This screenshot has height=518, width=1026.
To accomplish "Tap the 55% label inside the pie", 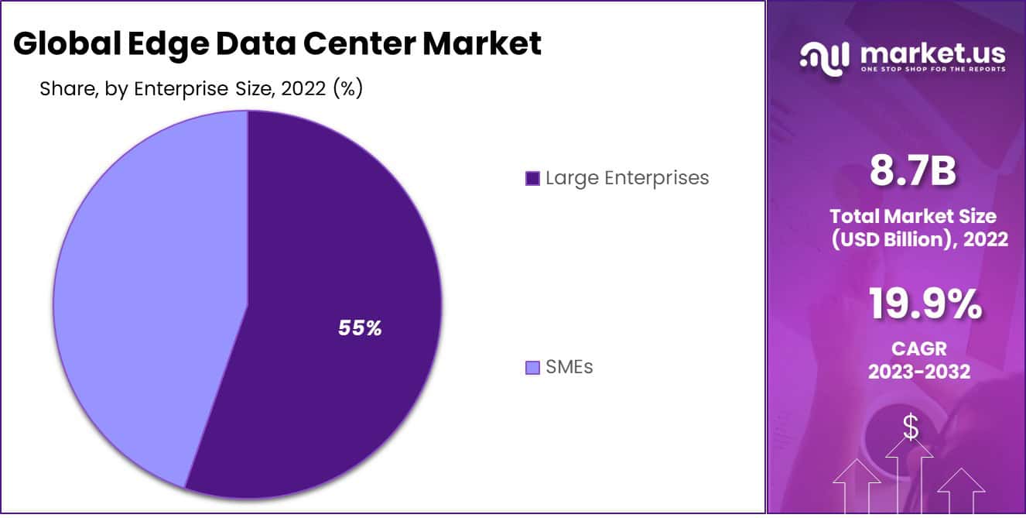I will (360, 328).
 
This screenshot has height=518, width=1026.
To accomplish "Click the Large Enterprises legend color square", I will (532, 178).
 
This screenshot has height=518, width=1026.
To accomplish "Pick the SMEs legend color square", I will (532, 367).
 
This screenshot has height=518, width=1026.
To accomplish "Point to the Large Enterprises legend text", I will (627, 177).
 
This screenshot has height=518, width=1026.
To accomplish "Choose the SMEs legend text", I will (569, 366).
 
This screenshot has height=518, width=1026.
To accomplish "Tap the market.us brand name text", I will (932, 53).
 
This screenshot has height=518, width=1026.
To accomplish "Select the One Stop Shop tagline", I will (932, 70).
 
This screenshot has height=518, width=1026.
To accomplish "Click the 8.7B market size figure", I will (912, 171).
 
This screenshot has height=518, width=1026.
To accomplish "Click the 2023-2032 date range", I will (918, 372).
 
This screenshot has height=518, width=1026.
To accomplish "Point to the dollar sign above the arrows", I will (911, 427).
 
